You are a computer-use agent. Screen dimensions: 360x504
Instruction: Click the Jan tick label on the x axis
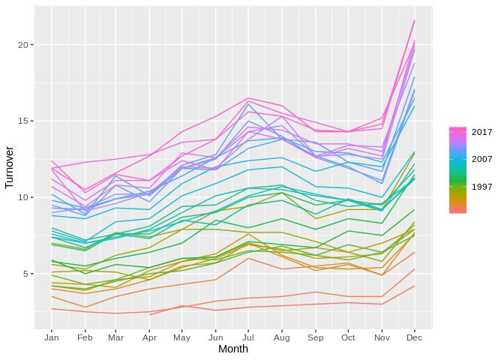51,337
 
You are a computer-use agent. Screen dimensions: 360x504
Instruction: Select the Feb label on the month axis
84,337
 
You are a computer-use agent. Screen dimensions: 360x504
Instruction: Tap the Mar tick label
116,337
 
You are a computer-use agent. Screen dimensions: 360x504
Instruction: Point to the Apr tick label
149,337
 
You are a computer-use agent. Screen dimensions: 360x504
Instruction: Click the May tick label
182,337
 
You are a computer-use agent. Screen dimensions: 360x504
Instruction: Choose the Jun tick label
215,337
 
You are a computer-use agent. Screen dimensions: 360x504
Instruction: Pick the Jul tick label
248,337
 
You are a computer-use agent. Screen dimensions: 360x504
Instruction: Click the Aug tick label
281,337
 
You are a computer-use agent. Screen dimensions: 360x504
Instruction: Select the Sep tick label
314,337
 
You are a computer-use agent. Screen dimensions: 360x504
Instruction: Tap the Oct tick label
347,337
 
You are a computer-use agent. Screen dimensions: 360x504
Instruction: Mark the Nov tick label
380,337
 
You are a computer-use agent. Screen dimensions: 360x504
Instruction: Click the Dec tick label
413,337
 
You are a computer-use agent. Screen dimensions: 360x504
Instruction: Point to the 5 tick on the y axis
25,274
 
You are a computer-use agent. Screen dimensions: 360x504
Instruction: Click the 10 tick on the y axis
22,197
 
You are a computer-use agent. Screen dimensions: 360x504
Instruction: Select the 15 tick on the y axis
22,121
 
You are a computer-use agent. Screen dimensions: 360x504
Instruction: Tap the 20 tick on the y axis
22,45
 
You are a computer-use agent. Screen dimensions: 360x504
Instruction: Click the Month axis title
232,349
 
